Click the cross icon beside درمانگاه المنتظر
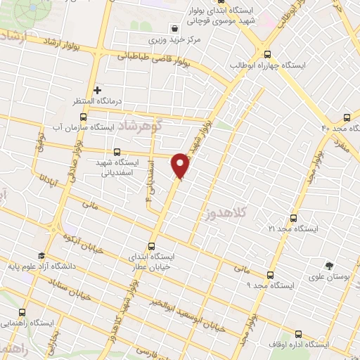pos(97,90)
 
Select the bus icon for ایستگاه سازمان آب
pos(83,117)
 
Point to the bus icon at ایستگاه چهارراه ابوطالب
pos(266,53)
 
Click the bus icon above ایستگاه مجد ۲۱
pos(293,218)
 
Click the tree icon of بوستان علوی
pos(328,266)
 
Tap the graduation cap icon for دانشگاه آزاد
pos(41,255)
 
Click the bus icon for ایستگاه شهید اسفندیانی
pos(117,151)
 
